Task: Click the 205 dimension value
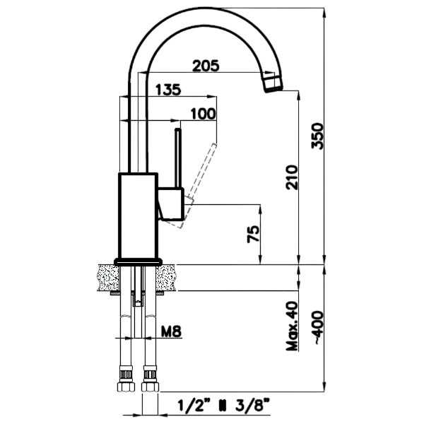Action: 206,66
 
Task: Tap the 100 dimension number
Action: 203,113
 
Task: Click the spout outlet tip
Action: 271,84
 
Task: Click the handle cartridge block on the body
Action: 171,204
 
